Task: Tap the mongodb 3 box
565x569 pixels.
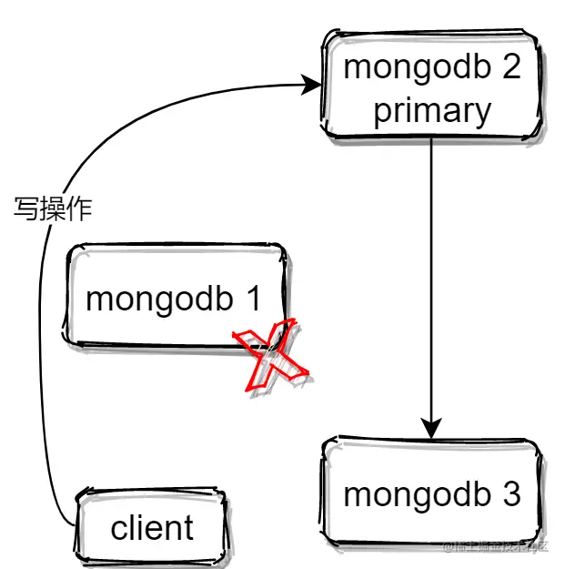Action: point(432,494)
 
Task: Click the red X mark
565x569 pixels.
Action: point(270,357)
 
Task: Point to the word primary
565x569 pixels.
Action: point(432,111)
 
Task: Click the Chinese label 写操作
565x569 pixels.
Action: point(53,209)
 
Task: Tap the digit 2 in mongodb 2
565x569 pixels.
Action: point(510,67)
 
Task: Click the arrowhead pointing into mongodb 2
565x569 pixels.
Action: point(311,86)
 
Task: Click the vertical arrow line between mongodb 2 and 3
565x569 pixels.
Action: point(432,273)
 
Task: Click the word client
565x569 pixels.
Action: point(152,528)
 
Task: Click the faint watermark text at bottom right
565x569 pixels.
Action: point(496,545)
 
